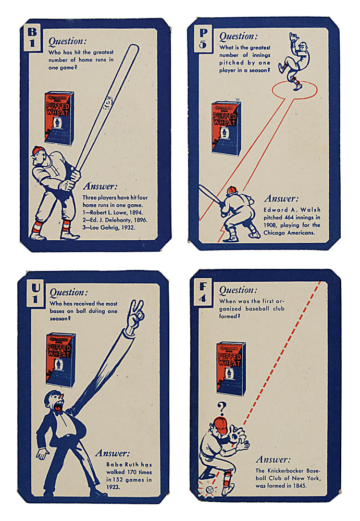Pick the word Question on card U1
[x=68, y=292]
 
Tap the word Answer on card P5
[x=281, y=198]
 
